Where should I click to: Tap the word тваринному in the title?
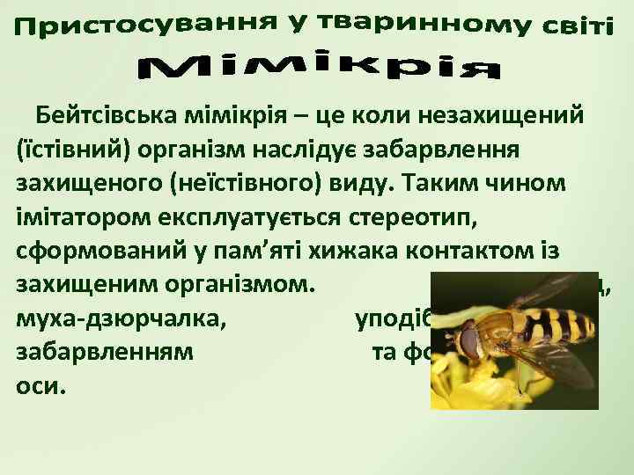pos(401,21)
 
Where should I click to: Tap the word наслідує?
pos(290,150)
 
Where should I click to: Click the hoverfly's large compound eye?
pos(471,338)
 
